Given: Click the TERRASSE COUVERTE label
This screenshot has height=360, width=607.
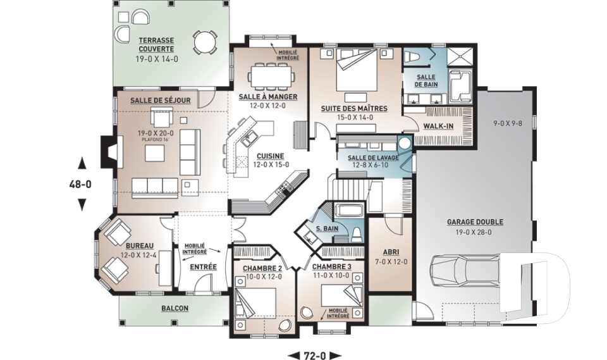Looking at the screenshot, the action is (156, 44).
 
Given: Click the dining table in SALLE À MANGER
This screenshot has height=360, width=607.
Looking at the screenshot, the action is (271, 76).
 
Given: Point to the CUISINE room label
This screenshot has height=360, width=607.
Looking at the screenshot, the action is (271, 156).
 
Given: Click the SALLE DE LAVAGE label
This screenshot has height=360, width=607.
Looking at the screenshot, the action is (373, 158).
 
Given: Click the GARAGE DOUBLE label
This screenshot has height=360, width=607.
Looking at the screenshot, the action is (475, 222).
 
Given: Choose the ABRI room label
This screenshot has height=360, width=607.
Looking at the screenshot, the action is (391, 252).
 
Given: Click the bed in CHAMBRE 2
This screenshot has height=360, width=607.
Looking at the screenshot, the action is (255, 303).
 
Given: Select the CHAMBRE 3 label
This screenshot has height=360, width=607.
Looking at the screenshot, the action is (331, 266).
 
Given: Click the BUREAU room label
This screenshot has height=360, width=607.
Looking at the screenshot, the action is (140, 245).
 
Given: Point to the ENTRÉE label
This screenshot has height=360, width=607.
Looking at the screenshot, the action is (203, 267).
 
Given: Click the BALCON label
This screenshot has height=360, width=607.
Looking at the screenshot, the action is (175, 309).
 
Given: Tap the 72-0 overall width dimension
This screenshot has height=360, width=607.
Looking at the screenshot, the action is (315, 355).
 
